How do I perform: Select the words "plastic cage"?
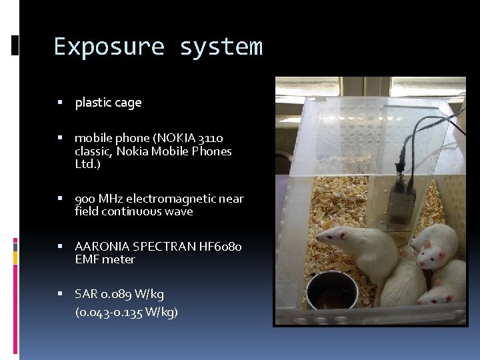click(x=108, y=103)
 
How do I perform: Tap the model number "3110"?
click(x=211, y=138)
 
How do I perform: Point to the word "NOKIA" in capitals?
click(x=175, y=138)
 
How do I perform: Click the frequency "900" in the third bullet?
click(x=85, y=199)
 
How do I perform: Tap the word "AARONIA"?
click(x=101, y=247)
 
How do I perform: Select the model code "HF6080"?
click(x=221, y=247)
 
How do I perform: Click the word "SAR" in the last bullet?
click(x=86, y=294)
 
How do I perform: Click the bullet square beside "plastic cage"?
click(x=60, y=103)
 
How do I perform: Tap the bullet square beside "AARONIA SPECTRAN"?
click(x=60, y=247)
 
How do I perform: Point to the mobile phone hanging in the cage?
click(x=401, y=200)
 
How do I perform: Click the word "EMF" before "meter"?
click(x=87, y=259)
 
